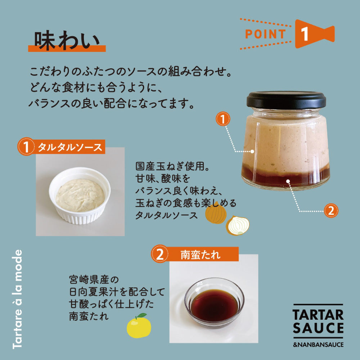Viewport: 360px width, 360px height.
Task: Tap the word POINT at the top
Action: click(266, 34)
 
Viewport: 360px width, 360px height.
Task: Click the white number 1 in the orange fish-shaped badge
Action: click(305, 34)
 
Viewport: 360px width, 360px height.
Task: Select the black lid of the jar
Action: click(286, 100)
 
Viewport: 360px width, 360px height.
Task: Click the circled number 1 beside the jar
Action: click(223, 119)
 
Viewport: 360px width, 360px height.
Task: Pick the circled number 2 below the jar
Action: click(331, 211)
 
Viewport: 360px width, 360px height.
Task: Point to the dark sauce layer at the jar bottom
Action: click(285, 177)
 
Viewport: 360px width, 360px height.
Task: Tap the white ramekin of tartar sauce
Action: click(80, 195)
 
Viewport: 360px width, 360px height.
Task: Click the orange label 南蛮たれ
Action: click(200, 255)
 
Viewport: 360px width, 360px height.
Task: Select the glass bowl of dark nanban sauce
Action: click(214, 303)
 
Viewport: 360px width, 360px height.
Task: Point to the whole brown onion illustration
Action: click(216, 213)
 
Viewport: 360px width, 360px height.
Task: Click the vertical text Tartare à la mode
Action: click(17, 299)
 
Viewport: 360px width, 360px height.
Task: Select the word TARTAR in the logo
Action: click(318, 315)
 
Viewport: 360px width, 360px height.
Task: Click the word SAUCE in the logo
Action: click(318, 328)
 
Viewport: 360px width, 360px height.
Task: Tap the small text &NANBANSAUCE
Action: click(318, 345)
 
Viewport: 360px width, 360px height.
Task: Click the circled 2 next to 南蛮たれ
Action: click(160, 254)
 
